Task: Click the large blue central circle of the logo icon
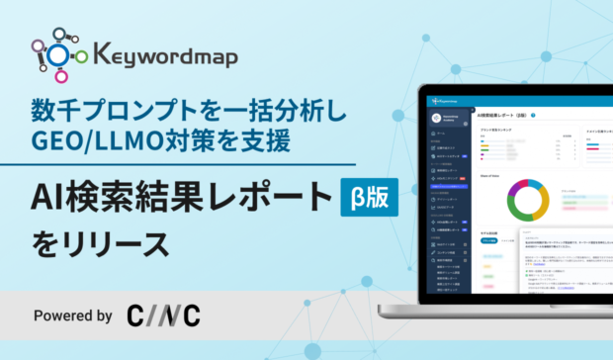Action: point(60,55)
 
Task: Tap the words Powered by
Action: point(72,315)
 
